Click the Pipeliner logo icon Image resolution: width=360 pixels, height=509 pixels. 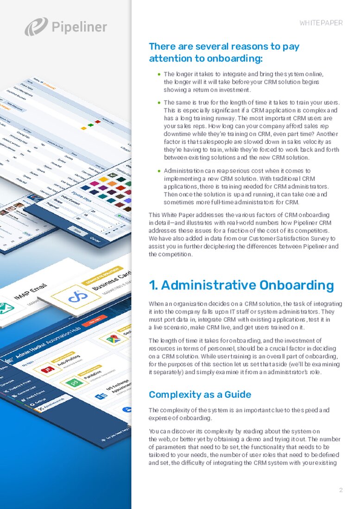tap(36, 26)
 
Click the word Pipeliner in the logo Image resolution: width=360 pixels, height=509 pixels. tap(79, 27)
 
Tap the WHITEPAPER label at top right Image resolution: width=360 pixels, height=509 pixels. tap(321, 23)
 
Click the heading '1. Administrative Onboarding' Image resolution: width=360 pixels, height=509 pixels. tap(241, 285)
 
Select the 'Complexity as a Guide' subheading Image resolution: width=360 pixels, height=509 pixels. tap(200, 395)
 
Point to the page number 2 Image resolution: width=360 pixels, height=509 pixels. tap(341, 490)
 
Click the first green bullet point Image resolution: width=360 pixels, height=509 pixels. tap(159, 74)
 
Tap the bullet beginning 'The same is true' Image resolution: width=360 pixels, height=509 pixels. tap(159, 102)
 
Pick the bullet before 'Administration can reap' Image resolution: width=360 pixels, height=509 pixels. tap(159, 171)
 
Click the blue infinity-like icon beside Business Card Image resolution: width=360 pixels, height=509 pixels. tap(77, 297)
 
